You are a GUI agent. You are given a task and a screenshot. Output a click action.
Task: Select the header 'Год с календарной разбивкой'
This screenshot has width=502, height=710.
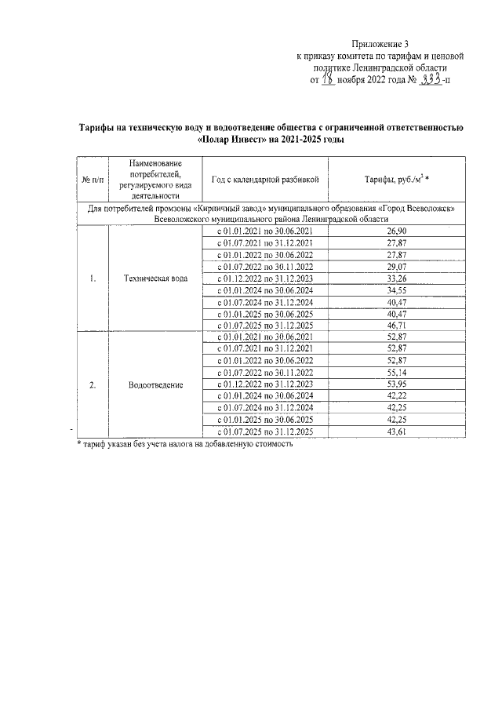click(x=264, y=180)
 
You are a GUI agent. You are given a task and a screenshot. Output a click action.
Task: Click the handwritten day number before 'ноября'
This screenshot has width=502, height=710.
click(x=329, y=79)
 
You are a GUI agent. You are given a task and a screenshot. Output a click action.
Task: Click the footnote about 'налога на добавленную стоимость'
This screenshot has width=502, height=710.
click(x=184, y=444)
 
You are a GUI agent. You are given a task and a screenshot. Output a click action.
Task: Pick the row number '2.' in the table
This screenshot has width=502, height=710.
click(x=92, y=385)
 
